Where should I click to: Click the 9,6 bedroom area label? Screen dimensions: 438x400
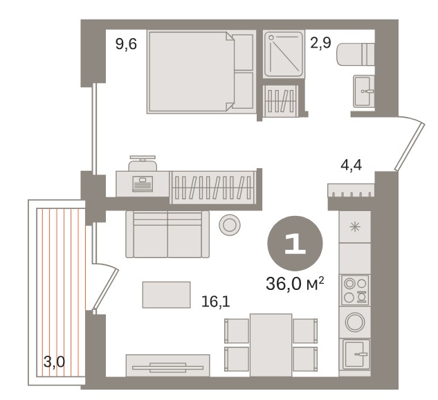pos(126,44)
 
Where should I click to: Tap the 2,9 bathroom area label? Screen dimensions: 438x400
pos(320,43)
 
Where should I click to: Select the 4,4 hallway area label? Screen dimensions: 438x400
pos(351,165)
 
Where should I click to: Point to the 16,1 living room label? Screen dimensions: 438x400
pos(216,302)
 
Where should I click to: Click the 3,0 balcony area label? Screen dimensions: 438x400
pos(54,363)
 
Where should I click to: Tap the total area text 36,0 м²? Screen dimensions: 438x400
pos(295,284)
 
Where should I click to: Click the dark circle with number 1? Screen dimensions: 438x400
pos(295,244)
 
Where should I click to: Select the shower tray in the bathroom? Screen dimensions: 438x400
pos(284,54)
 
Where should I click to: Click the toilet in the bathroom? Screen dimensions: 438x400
pos(355,54)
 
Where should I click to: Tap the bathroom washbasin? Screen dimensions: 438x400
pos(363,91)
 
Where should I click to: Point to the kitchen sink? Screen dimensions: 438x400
pos(355,354)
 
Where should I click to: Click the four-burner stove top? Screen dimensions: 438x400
pos(355,290)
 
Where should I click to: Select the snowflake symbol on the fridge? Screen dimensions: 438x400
pos(355,226)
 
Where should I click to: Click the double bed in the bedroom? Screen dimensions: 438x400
pos(201,72)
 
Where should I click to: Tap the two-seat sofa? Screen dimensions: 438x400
pos(167,234)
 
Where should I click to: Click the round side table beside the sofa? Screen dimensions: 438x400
pos(230,225)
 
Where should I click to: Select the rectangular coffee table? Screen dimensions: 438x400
pos(166,295)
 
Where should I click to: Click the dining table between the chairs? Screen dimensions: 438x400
pos(271,345)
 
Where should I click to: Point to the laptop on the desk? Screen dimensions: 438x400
pos(143,184)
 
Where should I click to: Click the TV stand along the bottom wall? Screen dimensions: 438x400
pos(167,365)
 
